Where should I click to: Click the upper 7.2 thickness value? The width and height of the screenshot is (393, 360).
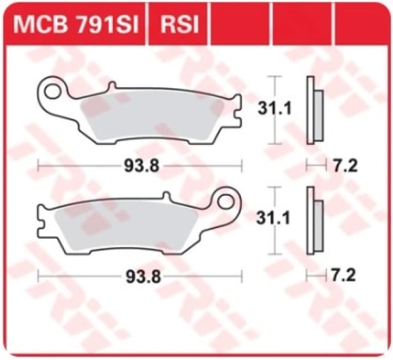tap(347, 165)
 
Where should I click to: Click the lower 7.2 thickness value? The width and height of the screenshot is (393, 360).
tap(347, 276)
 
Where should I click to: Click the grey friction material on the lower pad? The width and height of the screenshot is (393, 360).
tap(129, 224)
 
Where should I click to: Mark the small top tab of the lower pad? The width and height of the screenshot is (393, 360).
tap(166, 196)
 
